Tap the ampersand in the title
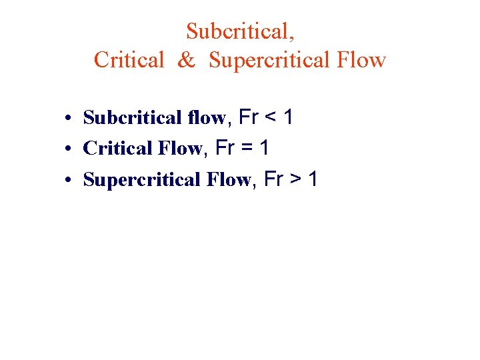(186, 61)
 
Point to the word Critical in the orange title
(128, 61)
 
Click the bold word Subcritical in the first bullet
(124, 119)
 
